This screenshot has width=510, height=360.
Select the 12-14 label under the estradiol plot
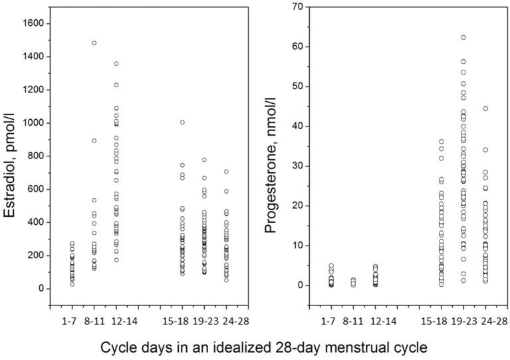point(116,321)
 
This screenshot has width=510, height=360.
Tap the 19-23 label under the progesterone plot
point(463,321)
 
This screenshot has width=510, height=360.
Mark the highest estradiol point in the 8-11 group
point(94,43)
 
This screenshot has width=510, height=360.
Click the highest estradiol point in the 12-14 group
point(116,64)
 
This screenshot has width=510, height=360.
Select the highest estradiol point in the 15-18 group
point(182,122)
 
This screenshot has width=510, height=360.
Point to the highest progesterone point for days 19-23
point(463,37)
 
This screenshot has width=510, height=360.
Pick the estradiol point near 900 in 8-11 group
point(94,140)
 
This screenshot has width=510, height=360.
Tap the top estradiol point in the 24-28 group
point(226,172)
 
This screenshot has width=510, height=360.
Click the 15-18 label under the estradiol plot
point(182,321)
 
